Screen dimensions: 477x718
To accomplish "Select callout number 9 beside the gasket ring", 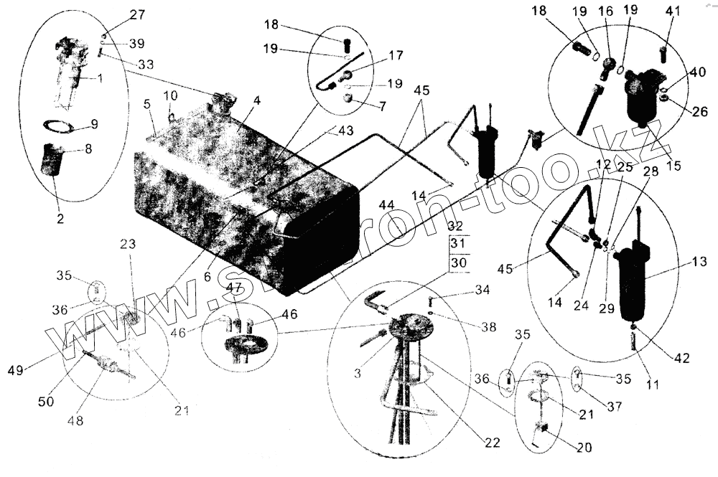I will [95, 123].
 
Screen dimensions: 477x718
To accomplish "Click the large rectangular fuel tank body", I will [237, 201].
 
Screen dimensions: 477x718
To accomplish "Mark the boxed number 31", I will [457, 245].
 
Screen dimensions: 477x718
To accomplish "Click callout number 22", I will [491, 443].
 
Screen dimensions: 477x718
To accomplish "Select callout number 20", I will [584, 447].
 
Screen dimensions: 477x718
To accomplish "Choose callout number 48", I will [75, 421].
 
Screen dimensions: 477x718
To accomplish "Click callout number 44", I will [387, 205].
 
